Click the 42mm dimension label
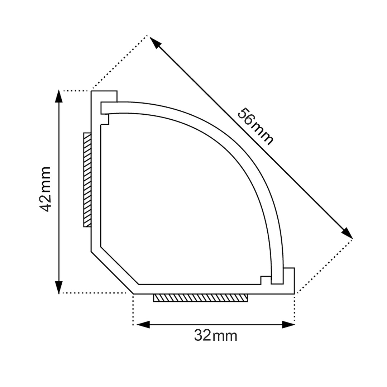tap(45, 189)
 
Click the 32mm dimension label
tap(215, 336)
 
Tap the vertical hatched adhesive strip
tap(87, 180)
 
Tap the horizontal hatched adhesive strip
tap(200, 298)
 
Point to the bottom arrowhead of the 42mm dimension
tap(59, 287)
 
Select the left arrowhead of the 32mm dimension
tap(143, 325)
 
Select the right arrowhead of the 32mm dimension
tap(288, 325)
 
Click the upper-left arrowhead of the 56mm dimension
tap(155, 42)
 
